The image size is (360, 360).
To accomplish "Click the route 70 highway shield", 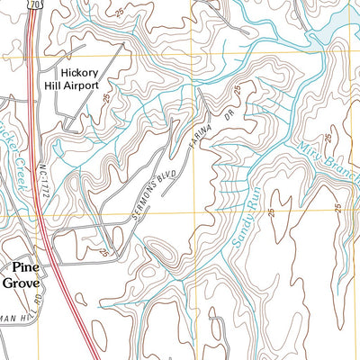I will click(x=34, y=5).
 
